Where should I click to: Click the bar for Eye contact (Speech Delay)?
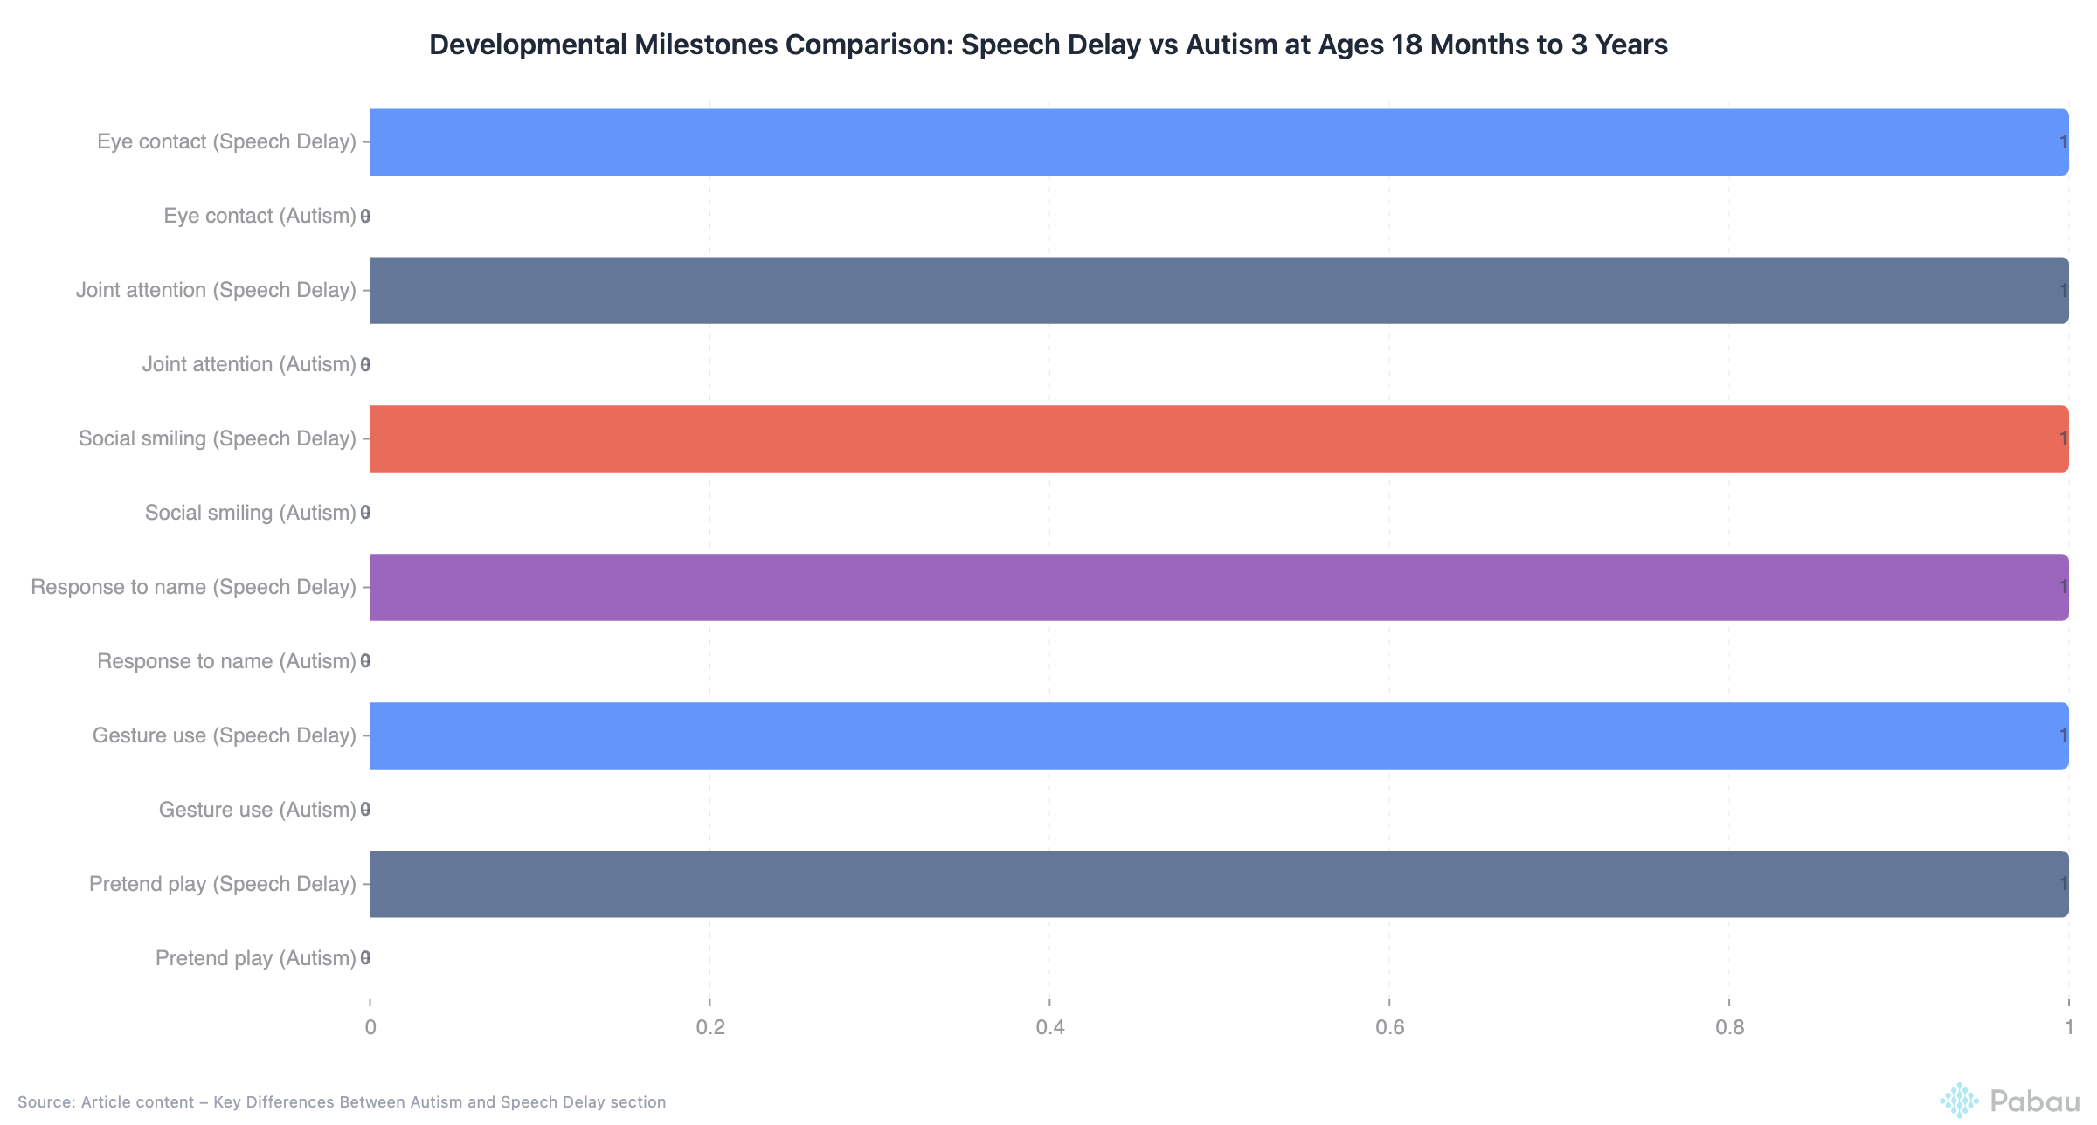[1219, 141]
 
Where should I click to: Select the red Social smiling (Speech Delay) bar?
[1219, 438]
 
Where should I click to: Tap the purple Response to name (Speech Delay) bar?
[1219, 587]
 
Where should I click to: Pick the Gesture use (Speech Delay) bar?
[1219, 735]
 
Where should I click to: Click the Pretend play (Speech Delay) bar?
[1219, 884]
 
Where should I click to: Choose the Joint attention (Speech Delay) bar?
[1219, 290]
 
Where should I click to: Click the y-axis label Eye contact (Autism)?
[260, 216]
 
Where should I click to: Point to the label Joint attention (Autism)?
[249, 364]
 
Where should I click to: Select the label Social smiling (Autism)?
[250, 513]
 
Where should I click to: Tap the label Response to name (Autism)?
[226, 661]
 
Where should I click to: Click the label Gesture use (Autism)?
[257, 810]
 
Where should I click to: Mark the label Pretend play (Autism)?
[255, 958]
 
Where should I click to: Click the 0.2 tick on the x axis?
[710, 1027]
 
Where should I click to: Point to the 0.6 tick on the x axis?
[1389, 1027]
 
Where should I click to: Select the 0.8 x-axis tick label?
[1729, 1027]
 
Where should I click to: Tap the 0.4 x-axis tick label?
[1049, 1027]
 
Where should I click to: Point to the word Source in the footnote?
[45, 1102]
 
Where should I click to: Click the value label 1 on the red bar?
[2063, 438]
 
